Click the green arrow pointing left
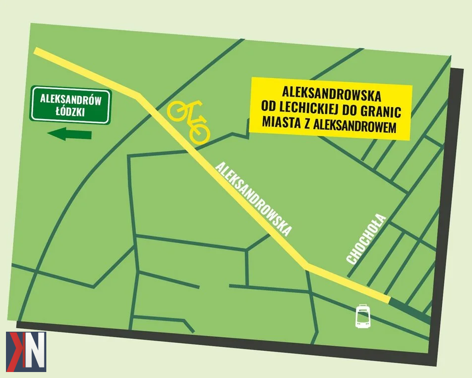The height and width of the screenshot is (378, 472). pos(69,134)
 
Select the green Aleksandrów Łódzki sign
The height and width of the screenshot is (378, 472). pos(70,106)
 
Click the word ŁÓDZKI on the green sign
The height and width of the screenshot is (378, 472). pos(70,112)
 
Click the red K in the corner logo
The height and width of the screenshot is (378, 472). pos(15,352)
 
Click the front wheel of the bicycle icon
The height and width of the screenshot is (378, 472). pos(199,132)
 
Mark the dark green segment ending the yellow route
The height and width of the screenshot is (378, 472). pos(409,309)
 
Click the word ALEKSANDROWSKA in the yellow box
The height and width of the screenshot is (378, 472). pos(332,93)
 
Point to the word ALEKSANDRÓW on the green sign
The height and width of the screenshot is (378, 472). pos(70,99)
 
